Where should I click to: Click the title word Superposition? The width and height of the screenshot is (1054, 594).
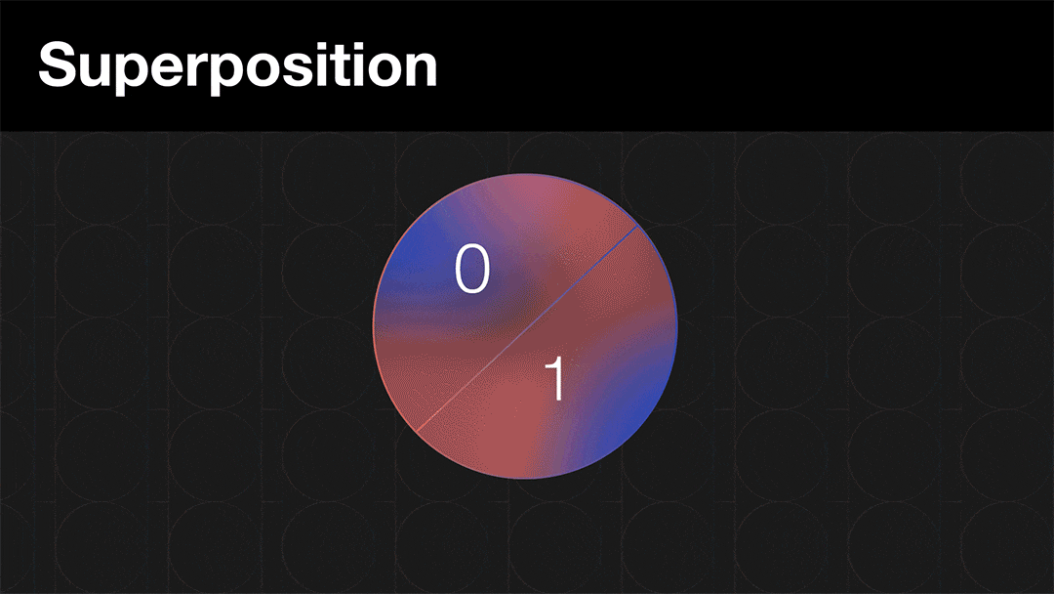(x=238, y=66)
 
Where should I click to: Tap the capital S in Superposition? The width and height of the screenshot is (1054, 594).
(x=58, y=64)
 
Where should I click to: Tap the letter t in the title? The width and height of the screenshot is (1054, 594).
(x=343, y=66)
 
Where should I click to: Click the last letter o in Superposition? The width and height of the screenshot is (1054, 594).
(x=385, y=70)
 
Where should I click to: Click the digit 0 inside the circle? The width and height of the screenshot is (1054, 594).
(x=472, y=269)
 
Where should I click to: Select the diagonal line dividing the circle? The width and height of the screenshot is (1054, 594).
(x=526, y=328)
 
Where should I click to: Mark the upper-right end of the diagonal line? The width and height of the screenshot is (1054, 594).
(x=638, y=226)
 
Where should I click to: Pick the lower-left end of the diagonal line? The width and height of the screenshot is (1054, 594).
(x=416, y=432)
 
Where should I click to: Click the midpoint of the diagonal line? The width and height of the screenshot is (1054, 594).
(x=526, y=328)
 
